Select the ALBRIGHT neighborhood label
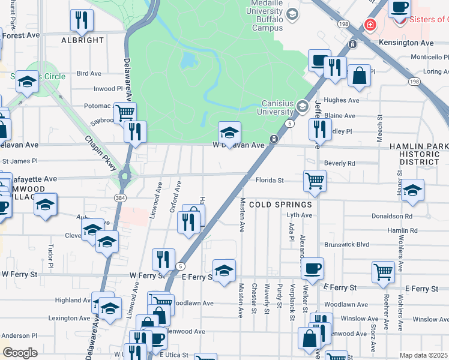[83, 40]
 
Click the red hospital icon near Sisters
[370, 25]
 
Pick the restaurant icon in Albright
[80, 20]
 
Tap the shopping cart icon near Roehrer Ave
[382, 271]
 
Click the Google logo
[20, 353]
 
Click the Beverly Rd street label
[340, 163]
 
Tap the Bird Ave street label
[89, 73]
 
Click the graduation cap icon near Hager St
[412, 190]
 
